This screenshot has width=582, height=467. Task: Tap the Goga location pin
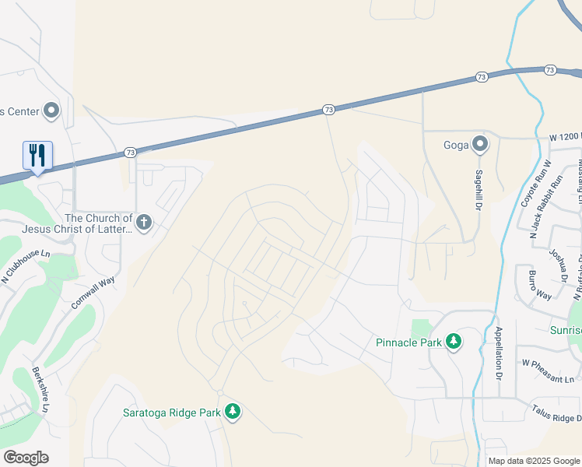point(480,143)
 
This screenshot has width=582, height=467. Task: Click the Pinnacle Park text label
point(408,342)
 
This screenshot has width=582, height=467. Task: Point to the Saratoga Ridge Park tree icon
point(232,411)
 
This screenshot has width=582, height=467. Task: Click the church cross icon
point(143,223)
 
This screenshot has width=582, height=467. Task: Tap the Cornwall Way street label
point(93,290)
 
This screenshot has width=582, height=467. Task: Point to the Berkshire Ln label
point(40,389)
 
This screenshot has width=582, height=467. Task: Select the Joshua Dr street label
point(559,264)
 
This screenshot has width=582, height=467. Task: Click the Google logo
point(26,458)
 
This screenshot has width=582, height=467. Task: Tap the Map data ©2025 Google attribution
point(534,461)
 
